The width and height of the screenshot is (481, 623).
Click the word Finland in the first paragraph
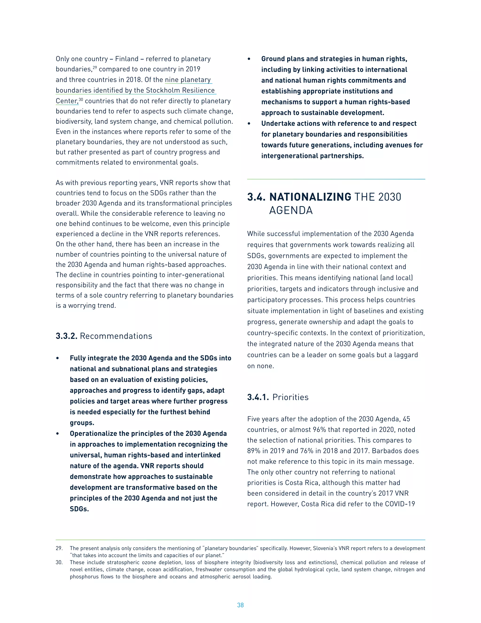coord(127,59)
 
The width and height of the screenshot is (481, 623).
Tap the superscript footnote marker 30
coord(81,99)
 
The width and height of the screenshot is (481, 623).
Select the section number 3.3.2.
coord(66,336)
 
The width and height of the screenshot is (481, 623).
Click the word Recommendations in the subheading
coord(116,336)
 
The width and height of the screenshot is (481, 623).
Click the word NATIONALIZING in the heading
coord(310,197)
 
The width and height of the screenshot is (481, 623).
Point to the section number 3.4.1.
coord(258,397)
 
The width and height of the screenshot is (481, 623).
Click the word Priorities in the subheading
coord(290,397)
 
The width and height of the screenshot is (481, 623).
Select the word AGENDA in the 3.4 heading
coord(291,210)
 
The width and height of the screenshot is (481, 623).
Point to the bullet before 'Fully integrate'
coord(58,358)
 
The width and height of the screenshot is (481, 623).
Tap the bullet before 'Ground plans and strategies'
coord(249,59)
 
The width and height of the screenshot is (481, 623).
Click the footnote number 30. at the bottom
coord(59,562)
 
